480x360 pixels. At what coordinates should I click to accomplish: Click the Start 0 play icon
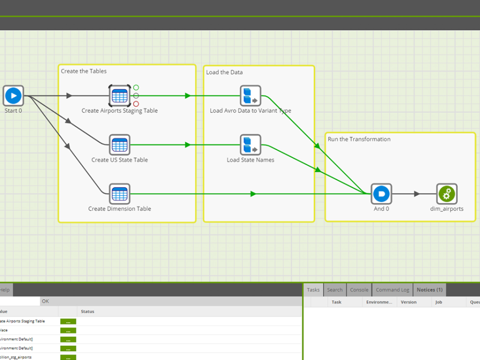[x=13, y=95]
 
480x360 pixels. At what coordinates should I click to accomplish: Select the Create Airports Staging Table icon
[x=119, y=95]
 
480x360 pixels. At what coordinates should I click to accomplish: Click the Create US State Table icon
[x=119, y=144]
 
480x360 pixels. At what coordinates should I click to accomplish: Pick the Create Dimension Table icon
[x=119, y=193]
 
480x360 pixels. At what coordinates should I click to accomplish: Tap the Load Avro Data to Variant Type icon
[x=250, y=95]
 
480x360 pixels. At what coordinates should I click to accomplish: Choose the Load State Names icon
[x=250, y=144]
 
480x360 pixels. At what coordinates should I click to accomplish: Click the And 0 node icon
[x=381, y=193]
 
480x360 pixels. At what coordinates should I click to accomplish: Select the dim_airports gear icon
[x=447, y=193]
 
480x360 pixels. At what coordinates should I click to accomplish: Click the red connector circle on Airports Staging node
[x=136, y=104]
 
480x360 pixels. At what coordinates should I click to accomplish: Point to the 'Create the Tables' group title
[x=83, y=71]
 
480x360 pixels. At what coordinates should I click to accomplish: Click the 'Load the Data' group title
[x=224, y=72]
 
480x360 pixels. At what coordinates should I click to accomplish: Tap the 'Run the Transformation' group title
[x=359, y=139]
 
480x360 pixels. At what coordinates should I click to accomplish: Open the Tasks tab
[x=313, y=290]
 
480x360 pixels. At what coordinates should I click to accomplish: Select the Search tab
[x=335, y=290]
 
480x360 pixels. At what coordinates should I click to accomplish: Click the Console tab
[x=359, y=290]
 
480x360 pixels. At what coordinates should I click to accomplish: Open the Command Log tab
[x=392, y=290]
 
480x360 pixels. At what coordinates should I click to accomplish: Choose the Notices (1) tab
[x=429, y=290]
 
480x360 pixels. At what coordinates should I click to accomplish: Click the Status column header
[x=87, y=311]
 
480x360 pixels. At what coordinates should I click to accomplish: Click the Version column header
[x=408, y=302]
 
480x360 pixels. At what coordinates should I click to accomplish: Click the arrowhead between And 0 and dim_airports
[x=417, y=194]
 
